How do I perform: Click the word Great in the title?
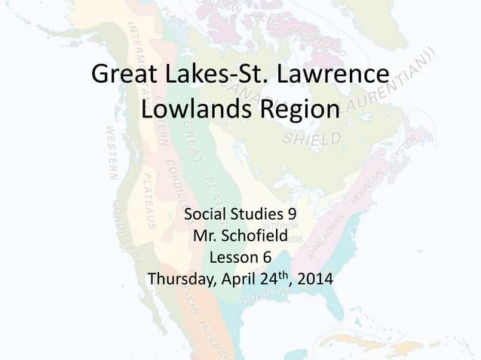[x=121, y=77]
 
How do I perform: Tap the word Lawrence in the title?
[x=329, y=77]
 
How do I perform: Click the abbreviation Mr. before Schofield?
[x=207, y=238]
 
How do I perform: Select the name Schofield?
[x=256, y=238]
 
